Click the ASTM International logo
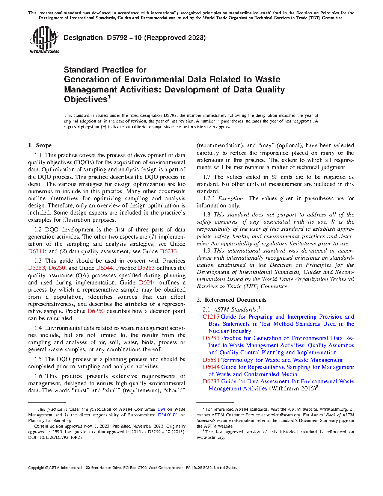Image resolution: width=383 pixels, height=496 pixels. click(x=44, y=40)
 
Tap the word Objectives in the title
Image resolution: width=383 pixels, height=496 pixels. click(x=86, y=100)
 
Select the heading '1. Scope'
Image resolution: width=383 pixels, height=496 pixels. click(x=40, y=145)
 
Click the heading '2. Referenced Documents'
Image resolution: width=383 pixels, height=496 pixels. click(x=231, y=300)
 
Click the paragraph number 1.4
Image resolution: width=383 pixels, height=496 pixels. click(x=38, y=328)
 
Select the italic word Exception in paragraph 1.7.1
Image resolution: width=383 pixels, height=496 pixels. click(x=231, y=198)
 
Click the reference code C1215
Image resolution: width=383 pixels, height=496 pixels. click(x=211, y=317)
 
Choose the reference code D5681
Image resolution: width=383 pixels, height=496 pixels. click(x=211, y=360)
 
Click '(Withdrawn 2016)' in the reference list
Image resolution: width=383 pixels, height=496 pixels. click(x=292, y=389)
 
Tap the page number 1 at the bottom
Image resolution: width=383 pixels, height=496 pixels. click(x=191, y=477)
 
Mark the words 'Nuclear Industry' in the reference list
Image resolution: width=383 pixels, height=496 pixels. click(x=229, y=331)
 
